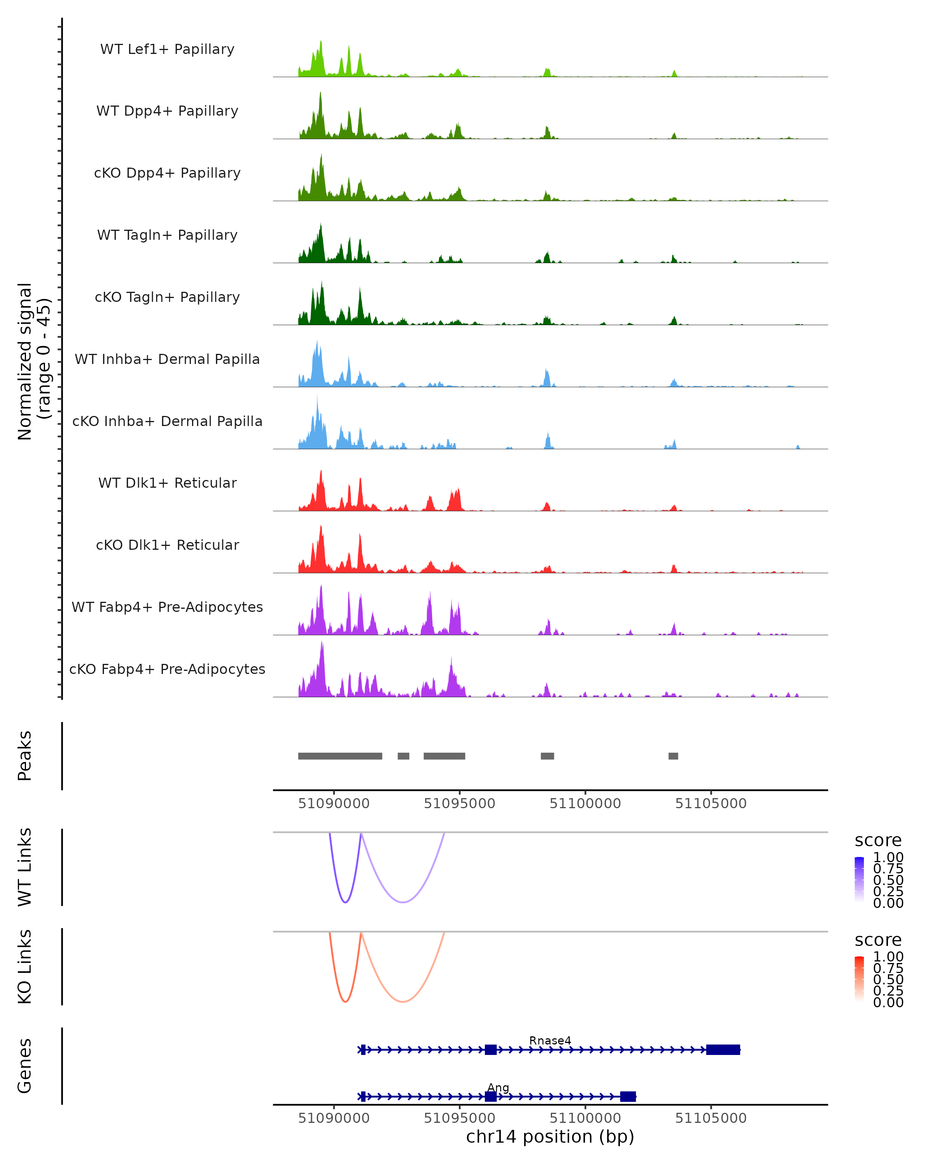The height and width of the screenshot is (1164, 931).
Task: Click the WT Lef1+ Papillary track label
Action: (x=167, y=49)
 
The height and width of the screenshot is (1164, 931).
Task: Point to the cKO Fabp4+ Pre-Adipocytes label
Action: (x=167, y=669)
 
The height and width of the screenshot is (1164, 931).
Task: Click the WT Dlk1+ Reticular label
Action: (x=167, y=483)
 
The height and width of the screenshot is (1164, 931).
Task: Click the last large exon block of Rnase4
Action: (x=723, y=1050)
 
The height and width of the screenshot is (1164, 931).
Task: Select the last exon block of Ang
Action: (x=628, y=1096)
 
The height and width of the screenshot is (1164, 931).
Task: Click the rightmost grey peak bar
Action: (x=673, y=756)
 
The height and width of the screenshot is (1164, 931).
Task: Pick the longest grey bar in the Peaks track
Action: (x=340, y=756)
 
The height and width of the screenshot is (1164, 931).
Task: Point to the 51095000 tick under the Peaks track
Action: (x=459, y=804)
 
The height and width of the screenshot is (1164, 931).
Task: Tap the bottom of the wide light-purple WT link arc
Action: (x=403, y=902)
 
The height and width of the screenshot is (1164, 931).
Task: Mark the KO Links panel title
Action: (x=25, y=967)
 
